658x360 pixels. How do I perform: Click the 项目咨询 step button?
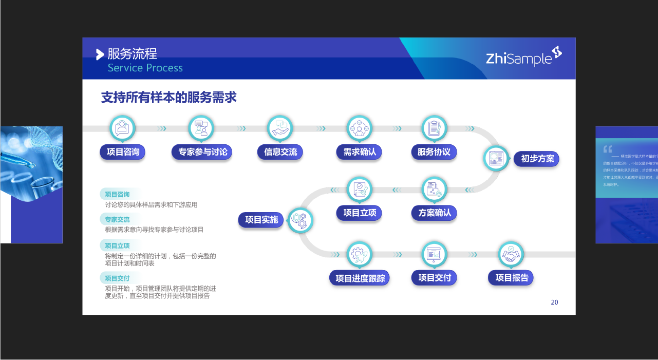pos(123,152)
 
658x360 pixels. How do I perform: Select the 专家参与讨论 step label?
pos(202,152)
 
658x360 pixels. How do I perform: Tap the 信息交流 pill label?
pos(280,152)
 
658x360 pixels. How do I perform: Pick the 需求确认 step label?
pos(360,152)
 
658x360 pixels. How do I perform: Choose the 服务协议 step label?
pos(434,152)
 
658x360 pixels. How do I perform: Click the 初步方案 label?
pos(537,159)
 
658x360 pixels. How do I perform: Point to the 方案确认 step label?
pos(434,213)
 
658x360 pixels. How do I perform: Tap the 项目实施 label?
pos(261,220)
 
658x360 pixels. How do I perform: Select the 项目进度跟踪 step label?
pos(360,278)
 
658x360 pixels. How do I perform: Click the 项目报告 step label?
pos(511,278)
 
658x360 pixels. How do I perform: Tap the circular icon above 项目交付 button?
pos(435,254)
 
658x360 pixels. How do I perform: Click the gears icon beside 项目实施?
pos(300,220)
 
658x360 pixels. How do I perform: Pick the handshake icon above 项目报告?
pos(511,254)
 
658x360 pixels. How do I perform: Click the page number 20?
pos(554,302)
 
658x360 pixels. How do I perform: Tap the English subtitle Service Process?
pos(145,68)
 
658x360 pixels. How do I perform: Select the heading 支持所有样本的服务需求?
pos(168,98)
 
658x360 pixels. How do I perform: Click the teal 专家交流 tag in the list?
pos(117,219)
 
